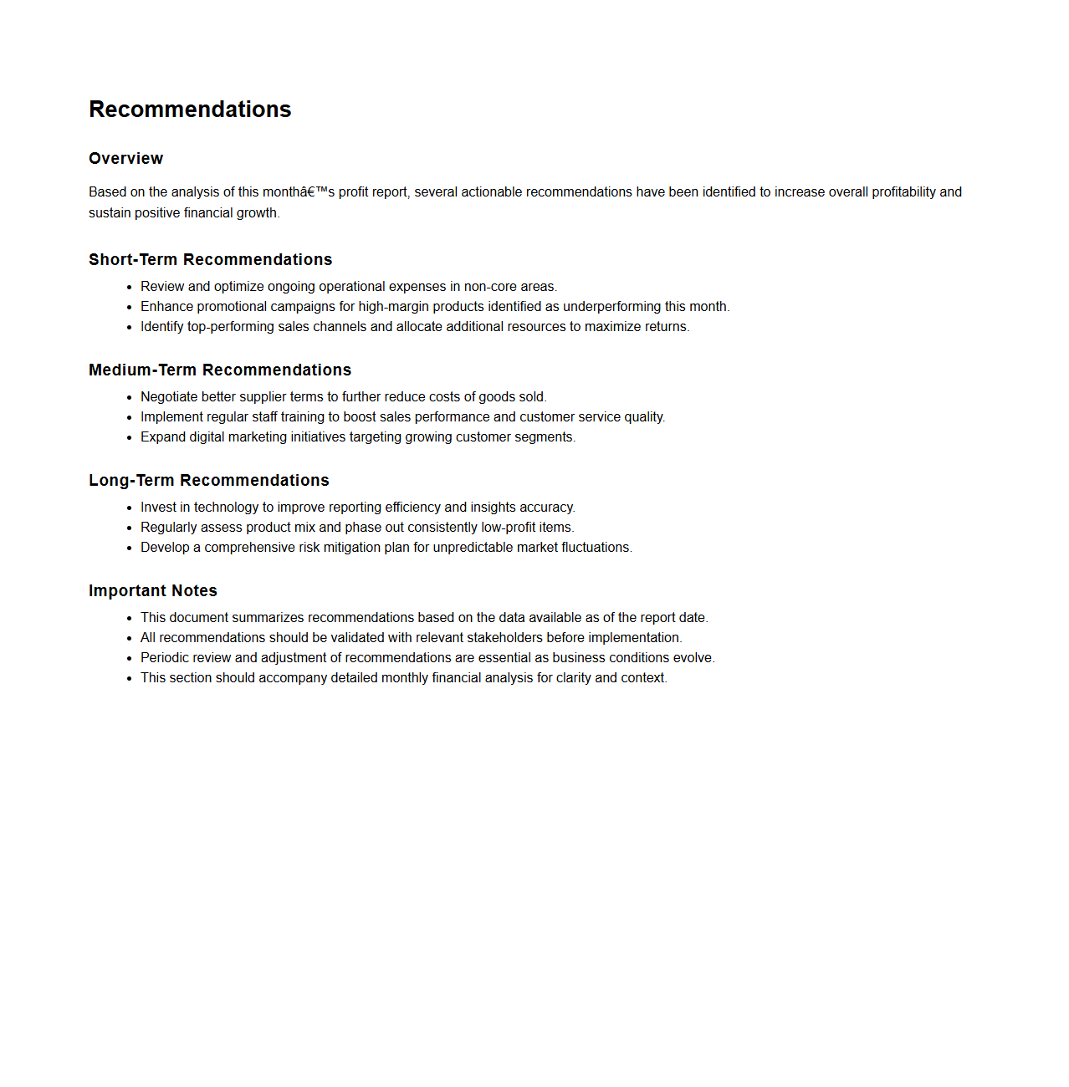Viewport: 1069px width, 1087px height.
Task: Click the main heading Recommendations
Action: pos(190,110)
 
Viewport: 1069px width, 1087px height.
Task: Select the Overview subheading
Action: pos(125,159)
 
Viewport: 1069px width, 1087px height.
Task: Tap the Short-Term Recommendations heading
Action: pos(210,260)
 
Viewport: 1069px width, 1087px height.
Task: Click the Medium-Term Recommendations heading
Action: pos(220,370)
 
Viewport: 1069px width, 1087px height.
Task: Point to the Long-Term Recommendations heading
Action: pos(208,481)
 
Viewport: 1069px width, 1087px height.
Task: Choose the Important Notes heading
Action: pos(152,591)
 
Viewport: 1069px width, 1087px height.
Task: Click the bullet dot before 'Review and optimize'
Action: pos(130,288)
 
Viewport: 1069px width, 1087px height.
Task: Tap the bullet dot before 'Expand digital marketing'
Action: pos(130,438)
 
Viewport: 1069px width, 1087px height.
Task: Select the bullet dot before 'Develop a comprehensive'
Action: pos(130,549)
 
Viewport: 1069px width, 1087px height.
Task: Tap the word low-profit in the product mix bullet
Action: pos(508,528)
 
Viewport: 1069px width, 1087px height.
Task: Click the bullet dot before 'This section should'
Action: pos(130,679)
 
